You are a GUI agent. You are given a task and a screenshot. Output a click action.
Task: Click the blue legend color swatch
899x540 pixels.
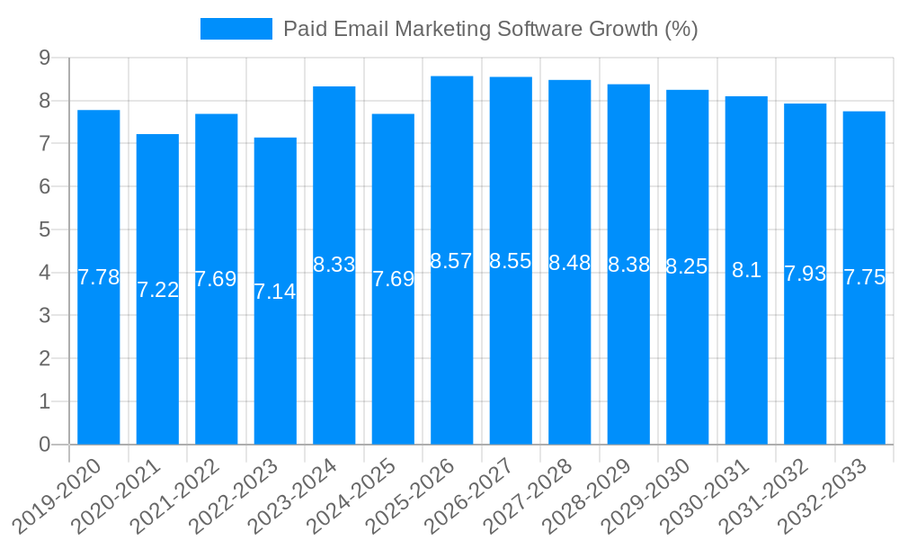point(236,29)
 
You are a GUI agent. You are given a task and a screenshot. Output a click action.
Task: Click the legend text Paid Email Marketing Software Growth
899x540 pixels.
point(490,29)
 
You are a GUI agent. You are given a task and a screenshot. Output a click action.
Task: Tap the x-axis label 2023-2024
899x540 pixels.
point(294,496)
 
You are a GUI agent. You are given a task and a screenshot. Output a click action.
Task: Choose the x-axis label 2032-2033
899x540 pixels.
point(824,496)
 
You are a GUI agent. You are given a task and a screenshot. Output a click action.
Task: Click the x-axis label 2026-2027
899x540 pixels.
point(471,496)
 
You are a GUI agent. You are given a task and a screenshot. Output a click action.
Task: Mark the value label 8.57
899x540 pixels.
point(451,261)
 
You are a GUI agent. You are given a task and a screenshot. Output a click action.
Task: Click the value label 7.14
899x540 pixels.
point(275,292)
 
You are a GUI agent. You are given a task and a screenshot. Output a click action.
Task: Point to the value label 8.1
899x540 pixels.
point(746,270)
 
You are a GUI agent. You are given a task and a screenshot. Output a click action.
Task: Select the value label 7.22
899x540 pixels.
point(157,290)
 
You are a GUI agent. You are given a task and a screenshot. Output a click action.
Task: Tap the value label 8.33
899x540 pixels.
point(334,265)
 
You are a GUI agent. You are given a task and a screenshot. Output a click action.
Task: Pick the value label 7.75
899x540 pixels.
point(864,277)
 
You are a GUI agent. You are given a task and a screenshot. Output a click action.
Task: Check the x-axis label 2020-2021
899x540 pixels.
point(118,496)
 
